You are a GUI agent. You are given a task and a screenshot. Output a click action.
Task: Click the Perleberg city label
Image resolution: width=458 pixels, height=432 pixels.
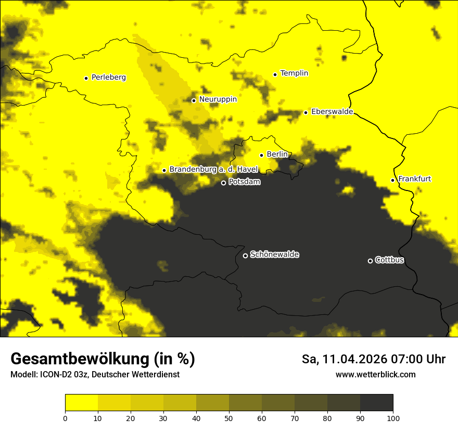[x=108, y=78]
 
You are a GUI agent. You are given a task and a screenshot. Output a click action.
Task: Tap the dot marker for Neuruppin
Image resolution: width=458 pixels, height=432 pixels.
[x=194, y=100]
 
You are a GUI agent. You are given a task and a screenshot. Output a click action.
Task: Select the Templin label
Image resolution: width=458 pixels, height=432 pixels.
[x=294, y=73]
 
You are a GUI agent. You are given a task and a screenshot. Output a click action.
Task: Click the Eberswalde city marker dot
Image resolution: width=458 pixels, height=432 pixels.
[x=306, y=112]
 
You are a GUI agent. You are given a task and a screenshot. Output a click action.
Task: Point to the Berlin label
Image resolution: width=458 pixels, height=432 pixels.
[x=277, y=155]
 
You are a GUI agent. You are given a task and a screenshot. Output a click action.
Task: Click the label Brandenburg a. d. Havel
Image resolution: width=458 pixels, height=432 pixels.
[x=213, y=170]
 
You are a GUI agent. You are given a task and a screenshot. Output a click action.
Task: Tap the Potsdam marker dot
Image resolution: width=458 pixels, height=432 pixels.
[x=223, y=183]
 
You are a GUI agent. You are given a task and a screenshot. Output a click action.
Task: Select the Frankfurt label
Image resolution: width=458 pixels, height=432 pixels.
[x=414, y=179]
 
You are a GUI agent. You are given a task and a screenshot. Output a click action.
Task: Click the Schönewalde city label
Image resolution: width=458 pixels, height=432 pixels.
[x=274, y=255]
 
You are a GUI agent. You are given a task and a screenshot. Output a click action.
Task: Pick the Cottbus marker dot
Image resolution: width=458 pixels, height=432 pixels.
[x=370, y=261]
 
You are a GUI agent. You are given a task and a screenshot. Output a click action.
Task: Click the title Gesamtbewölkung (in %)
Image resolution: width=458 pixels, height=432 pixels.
[x=103, y=359]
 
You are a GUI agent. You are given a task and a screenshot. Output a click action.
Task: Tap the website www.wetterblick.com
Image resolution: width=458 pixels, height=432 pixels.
[x=375, y=374]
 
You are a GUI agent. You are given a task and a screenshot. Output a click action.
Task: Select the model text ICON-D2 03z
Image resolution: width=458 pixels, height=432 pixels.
[x=61, y=374]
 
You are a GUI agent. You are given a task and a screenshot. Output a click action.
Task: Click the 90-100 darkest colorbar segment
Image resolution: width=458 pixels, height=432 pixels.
[x=376, y=403]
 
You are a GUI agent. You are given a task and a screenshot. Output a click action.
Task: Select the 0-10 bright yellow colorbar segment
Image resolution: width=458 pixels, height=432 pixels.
[x=81, y=403]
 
